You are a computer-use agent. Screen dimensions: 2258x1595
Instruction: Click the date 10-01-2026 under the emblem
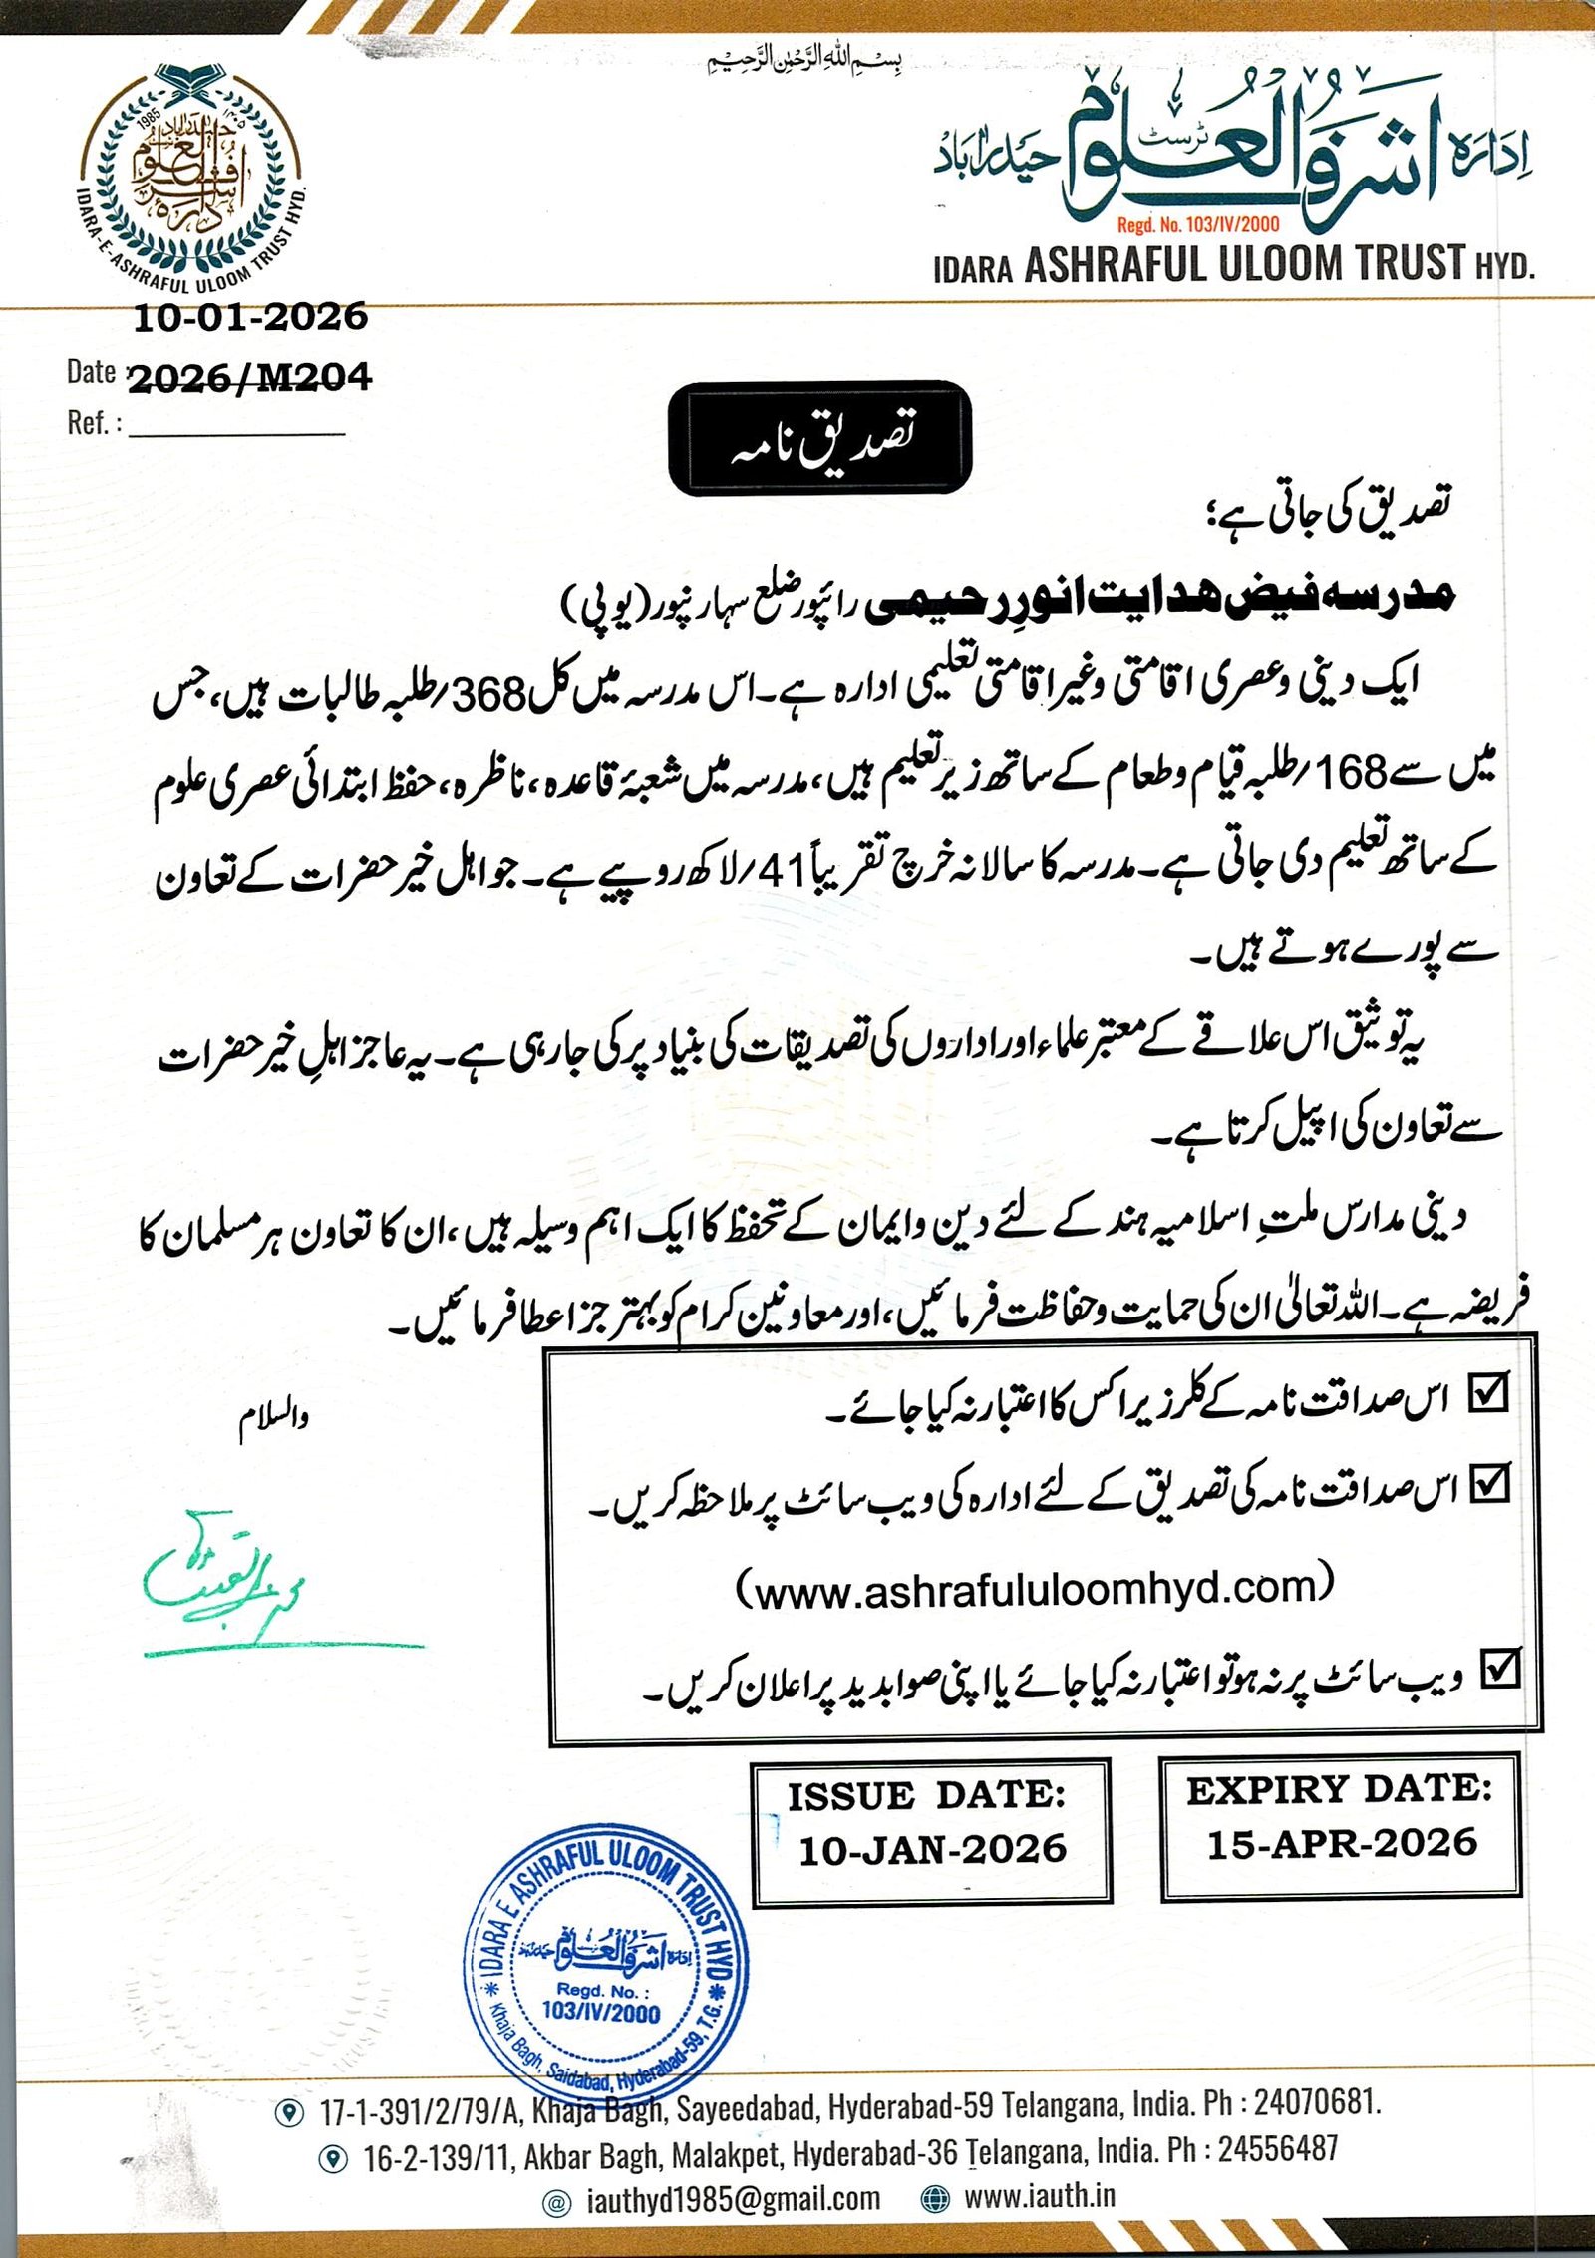250,318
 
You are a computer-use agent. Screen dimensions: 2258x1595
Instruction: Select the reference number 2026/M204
250,377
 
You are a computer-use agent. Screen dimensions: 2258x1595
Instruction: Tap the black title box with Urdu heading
819,438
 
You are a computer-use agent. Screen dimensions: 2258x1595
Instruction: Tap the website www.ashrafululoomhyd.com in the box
1034,1587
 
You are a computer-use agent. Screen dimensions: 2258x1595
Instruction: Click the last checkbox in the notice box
1500,1667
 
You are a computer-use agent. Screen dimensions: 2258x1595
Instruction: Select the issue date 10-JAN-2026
932,1850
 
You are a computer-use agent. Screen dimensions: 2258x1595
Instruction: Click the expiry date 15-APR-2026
1342,1843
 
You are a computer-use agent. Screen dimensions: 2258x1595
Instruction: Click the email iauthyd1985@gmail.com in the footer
733,2198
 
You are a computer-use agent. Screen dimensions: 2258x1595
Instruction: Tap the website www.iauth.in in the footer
1040,2196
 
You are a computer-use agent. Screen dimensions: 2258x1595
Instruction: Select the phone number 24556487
1278,2148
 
